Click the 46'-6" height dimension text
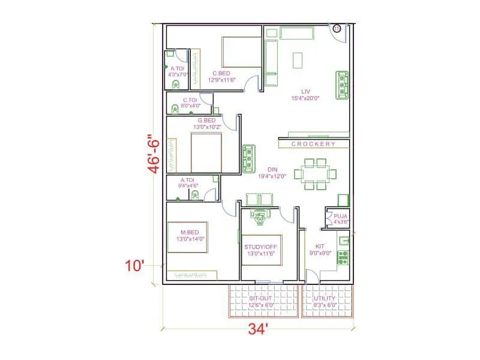(x=154, y=154)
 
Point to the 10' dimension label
(x=136, y=265)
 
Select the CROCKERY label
(x=313, y=145)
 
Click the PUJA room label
(x=340, y=216)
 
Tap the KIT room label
(x=320, y=246)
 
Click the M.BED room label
(x=191, y=232)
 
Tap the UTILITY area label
(x=325, y=298)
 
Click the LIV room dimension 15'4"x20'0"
(x=305, y=98)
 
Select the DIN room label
(x=272, y=169)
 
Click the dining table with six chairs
(x=314, y=174)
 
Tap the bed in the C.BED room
(x=241, y=52)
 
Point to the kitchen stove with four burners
(x=343, y=257)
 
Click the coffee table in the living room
(x=297, y=60)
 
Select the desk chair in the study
(x=260, y=218)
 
